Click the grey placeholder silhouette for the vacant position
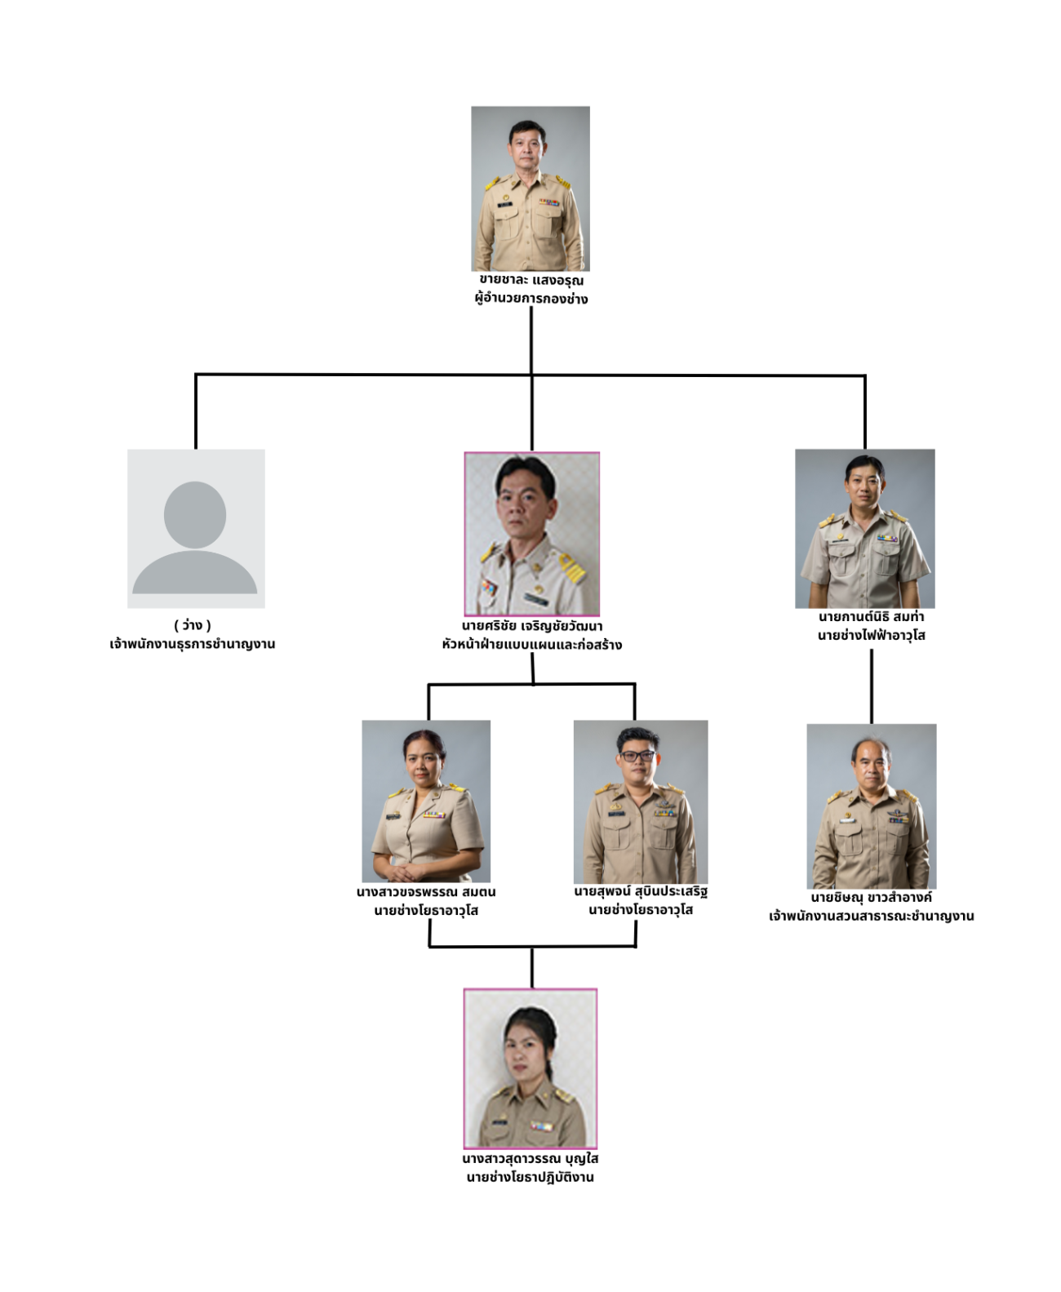[195, 537]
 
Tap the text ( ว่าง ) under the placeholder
[193, 624]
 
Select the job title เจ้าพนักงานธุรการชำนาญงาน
[193, 643]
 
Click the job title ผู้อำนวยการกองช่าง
[531, 299]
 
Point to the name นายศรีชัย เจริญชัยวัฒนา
[532, 625]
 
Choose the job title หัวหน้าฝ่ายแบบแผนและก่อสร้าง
[532, 644]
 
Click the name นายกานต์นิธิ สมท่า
[871, 616]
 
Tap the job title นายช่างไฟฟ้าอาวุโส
[871, 635]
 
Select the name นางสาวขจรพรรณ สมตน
[426, 891]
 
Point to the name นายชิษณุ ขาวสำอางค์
[871, 897]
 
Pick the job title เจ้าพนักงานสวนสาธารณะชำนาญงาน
[871, 915]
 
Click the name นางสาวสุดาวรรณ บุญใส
[530, 1158]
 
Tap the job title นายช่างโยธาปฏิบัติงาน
[530, 1177]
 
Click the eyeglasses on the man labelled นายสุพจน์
[637, 755]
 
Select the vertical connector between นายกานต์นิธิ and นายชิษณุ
[871, 686]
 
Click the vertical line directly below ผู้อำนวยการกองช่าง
[531, 340]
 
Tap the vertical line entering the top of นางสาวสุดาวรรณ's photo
[532, 967]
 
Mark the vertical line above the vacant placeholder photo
[195, 411]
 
